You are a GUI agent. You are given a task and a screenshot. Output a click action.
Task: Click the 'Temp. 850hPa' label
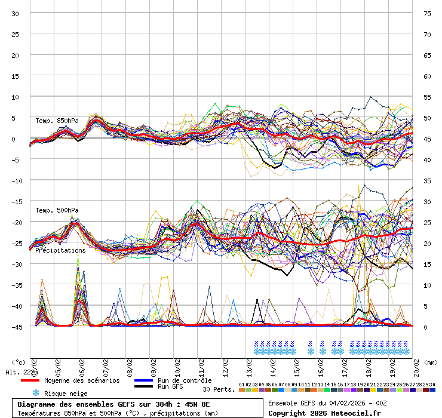tap(57, 121)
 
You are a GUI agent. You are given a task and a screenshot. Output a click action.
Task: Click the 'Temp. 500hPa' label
tap(57, 210)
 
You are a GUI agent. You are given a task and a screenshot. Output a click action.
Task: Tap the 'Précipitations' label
tap(60, 250)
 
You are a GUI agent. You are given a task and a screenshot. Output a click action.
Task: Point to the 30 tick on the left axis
tap(16, 13)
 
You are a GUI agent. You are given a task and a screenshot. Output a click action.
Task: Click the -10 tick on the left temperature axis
tap(16, 180)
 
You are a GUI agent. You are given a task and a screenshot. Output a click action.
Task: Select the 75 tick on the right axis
tap(427, 13)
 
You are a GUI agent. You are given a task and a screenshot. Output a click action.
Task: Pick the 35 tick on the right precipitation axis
tap(427, 180)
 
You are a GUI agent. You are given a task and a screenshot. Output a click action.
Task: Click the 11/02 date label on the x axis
tap(201, 365)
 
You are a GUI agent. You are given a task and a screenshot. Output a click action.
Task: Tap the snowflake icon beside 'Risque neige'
tap(36, 393)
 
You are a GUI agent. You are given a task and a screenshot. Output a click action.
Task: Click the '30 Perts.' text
tap(218, 389)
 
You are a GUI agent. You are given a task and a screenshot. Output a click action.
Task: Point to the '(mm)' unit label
tap(431, 362)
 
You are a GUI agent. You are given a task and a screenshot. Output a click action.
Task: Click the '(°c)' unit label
tap(20, 362)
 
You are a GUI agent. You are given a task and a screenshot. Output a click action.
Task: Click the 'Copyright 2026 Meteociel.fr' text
tap(324, 413)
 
